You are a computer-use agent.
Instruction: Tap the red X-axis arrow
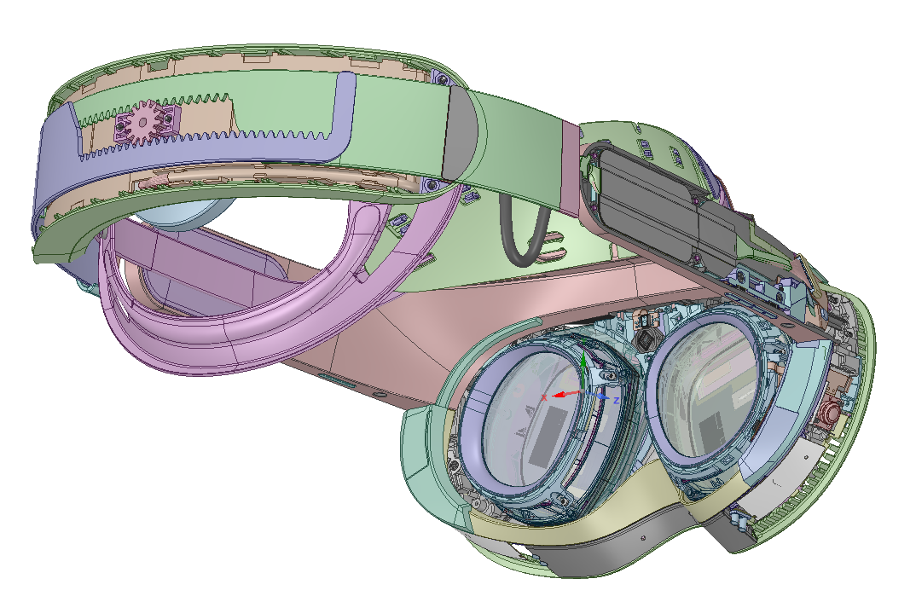coord(566,394)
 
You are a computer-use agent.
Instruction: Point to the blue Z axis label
coord(616,399)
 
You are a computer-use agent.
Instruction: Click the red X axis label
coord(544,397)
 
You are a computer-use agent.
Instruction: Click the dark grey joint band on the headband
coord(462,133)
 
